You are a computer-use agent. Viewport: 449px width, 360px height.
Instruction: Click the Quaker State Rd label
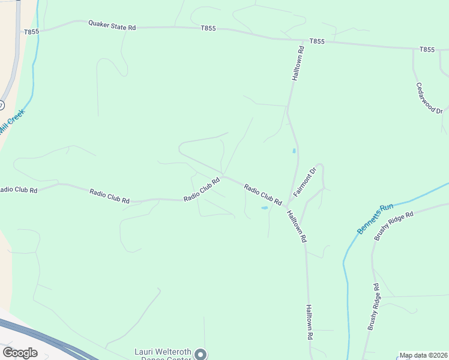click(x=112, y=25)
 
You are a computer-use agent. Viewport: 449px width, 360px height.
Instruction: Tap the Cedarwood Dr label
click(x=429, y=98)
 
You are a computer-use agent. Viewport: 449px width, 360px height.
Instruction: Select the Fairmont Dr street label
click(x=304, y=182)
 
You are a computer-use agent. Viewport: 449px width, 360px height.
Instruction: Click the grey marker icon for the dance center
click(x=200, y=354)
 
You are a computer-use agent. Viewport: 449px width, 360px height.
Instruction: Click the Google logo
click(x=20, y=353)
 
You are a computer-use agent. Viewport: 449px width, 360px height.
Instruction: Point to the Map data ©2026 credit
click(x=423, y=355)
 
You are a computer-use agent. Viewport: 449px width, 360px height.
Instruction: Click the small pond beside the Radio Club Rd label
click(x=264, y=208)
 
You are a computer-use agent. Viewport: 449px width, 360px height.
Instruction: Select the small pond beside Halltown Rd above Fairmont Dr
click(x=294, y=151)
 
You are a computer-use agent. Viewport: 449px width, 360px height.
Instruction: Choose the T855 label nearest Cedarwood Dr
click(x=427, y=50)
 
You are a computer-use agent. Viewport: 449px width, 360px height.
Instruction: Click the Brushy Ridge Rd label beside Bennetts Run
click(x=394, y=225)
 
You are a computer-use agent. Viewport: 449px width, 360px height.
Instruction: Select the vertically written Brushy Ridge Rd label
click(x=373, y=307)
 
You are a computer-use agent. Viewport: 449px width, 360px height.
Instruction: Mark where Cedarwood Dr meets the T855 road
click(x=413, y=49)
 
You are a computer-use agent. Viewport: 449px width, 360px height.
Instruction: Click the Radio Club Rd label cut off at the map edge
click(x=19, y=190)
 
